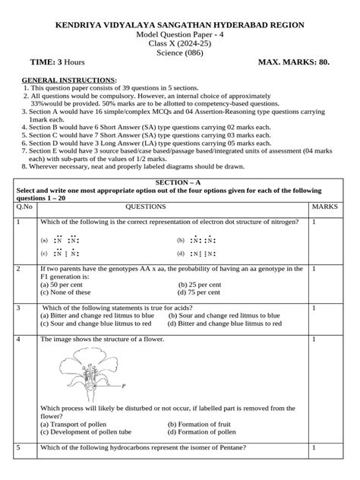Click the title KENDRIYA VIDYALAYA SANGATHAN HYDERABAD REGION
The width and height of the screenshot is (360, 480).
[x=180, y=26]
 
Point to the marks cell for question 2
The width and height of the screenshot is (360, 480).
[x=314, y=269]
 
